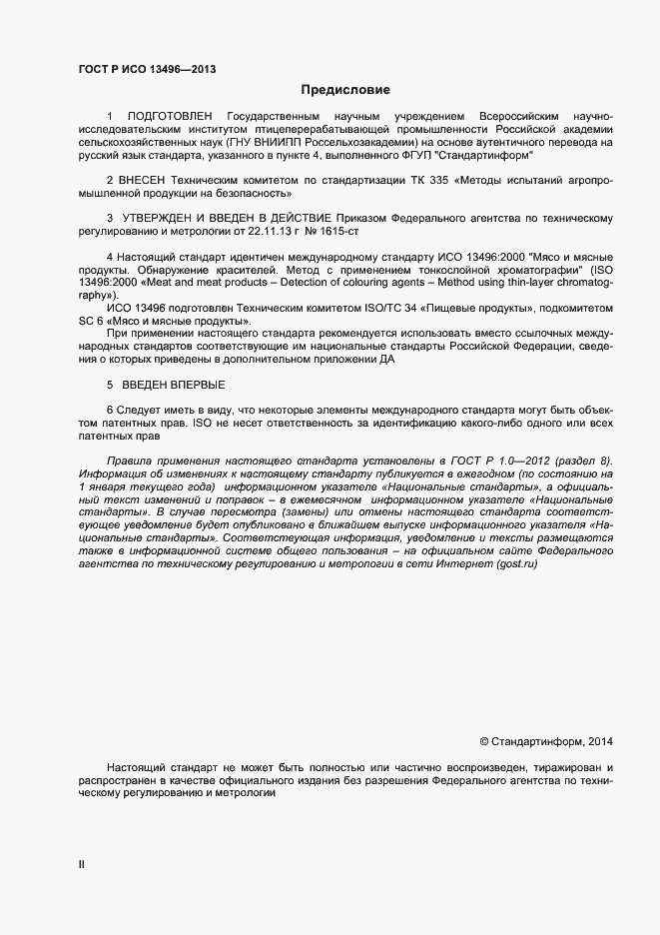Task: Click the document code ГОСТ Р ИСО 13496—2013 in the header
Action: [x=146, y=69]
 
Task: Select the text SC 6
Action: [x=90, y=321]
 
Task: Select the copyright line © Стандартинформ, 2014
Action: [x=546, y=741]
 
